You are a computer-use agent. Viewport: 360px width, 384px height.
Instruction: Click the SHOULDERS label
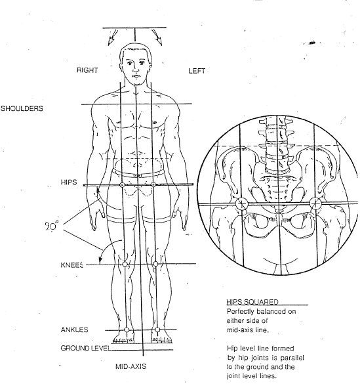[x=22, y=108]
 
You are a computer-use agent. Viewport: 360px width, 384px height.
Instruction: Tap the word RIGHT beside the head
[x=87, y=70]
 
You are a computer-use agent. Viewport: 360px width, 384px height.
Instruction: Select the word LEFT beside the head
[x=197, y=71]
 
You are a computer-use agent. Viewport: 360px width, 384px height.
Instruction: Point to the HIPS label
[x=69, y=182]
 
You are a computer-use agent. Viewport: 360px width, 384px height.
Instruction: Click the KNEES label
[x=72, y=265]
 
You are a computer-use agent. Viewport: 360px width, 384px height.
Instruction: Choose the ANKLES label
[x=74, y=330]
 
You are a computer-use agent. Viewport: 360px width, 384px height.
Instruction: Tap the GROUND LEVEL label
[x=86, y=348]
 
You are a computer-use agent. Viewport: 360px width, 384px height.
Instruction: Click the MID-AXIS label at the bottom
[x=130, y=367]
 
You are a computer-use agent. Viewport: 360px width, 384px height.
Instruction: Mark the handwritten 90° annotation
[x=52, y=225]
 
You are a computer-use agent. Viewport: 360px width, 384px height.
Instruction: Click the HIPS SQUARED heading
[x=252, y=302]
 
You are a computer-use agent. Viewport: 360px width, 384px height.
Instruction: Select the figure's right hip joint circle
[x=122, y=185]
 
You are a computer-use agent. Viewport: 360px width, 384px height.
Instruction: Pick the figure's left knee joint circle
[x=155, y=264]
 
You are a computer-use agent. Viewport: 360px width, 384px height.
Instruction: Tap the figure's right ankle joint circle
[x=127, y=330]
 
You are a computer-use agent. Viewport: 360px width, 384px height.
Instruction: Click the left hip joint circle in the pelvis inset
[x=315, y=203]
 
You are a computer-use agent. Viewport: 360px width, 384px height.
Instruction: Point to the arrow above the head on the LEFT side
[x=157, y=37]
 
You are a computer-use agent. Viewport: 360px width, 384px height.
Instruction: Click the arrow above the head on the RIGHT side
[x=113, y=37]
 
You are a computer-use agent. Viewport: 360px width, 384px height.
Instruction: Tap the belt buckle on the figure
[x=137, y=176]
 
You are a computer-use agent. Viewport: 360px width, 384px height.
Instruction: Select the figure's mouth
[x=136, y=76]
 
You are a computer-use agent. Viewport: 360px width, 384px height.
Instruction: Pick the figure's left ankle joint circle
[x=157, y=330]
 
